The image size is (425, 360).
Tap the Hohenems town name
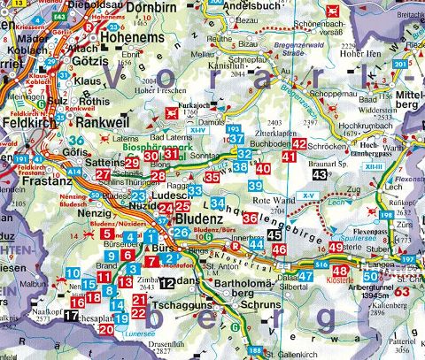133,40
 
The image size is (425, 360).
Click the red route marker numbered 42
299,143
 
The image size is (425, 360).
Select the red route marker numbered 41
289,157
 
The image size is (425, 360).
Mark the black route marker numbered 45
275,235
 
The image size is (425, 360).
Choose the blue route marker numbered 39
254,186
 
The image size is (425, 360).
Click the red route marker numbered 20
105,329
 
